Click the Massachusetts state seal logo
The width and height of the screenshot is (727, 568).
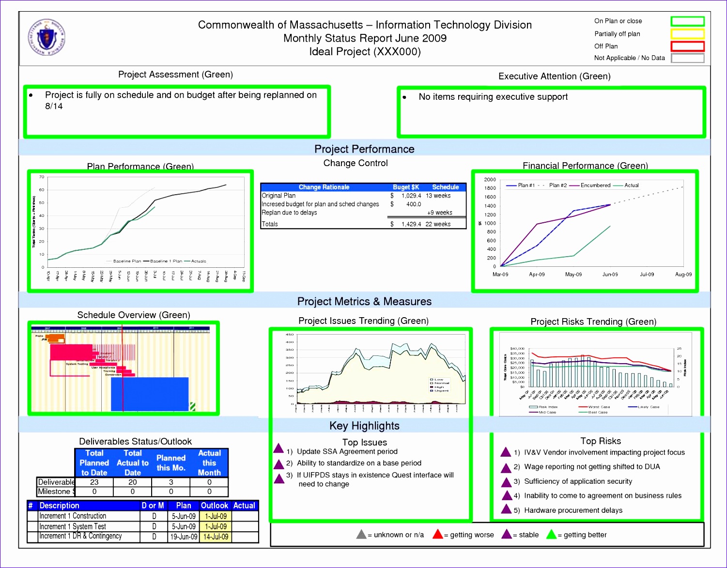(x=46, y=37)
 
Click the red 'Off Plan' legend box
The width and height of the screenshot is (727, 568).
(x=687, y=46)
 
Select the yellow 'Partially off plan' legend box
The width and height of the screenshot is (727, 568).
(x=687, y=34)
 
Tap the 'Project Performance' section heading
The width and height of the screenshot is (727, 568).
(x=364, y=149)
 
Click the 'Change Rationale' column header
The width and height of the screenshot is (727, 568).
(x=324, y=187)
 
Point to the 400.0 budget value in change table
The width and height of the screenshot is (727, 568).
(x=413, y=204)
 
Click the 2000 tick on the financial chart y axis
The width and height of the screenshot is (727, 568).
(x=490, y=180)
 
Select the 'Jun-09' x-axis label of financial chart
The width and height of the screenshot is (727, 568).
(x=610, y=275)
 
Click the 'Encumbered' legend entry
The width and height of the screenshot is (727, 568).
(x=595, y=185)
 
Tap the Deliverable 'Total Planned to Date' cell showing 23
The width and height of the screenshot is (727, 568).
(x=94, y=482)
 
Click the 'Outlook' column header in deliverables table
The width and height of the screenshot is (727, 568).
(x=214, y=506)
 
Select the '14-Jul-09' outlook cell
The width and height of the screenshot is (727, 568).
(x=215, y=537)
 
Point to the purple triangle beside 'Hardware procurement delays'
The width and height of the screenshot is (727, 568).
(x=506, y=509)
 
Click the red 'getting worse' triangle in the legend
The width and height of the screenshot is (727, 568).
(x=437, y=535)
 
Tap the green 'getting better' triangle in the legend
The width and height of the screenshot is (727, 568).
(x=551, y=535)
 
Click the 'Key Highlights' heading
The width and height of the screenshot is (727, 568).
(x=364, y=426)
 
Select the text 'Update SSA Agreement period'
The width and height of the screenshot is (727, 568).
(x=347, y=452)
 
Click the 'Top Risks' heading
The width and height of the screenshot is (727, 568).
(x=601, y=441)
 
